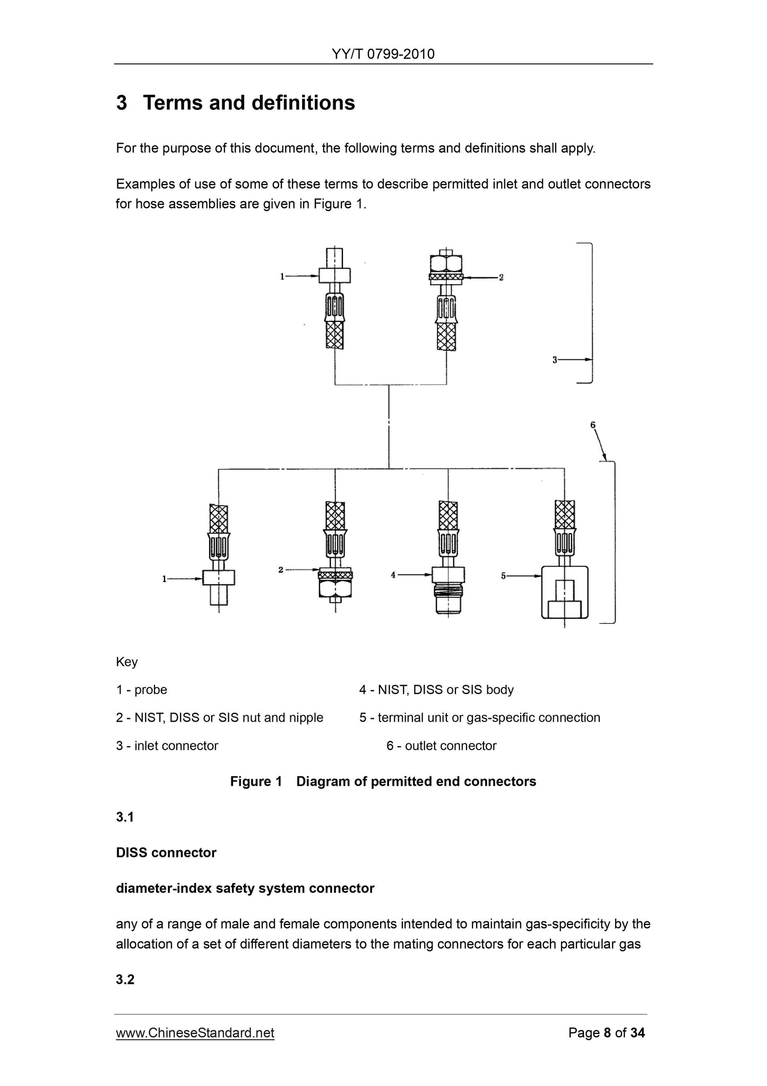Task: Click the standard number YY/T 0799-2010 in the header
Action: (383, 54)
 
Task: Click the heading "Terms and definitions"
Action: (248, 103)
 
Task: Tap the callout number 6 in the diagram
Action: (593, 425)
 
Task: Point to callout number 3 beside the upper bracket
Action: (555, 360)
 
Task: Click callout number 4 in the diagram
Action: (393, 574)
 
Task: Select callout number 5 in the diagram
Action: (503, 575)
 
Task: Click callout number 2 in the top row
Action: (501, 277)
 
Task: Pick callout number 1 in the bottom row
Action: (165, 579)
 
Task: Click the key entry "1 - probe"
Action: (141, 690)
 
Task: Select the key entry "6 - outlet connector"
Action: (441, 745)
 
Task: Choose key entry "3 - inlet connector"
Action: (167, 745)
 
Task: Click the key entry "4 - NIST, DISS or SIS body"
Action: (436, 690)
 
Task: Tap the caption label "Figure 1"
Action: (256, 781)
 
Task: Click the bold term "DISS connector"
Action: (166, 853)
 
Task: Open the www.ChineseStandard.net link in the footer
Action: (195, 1032)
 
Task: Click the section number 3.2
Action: (125, 979)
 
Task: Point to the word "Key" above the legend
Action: (127, 662)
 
